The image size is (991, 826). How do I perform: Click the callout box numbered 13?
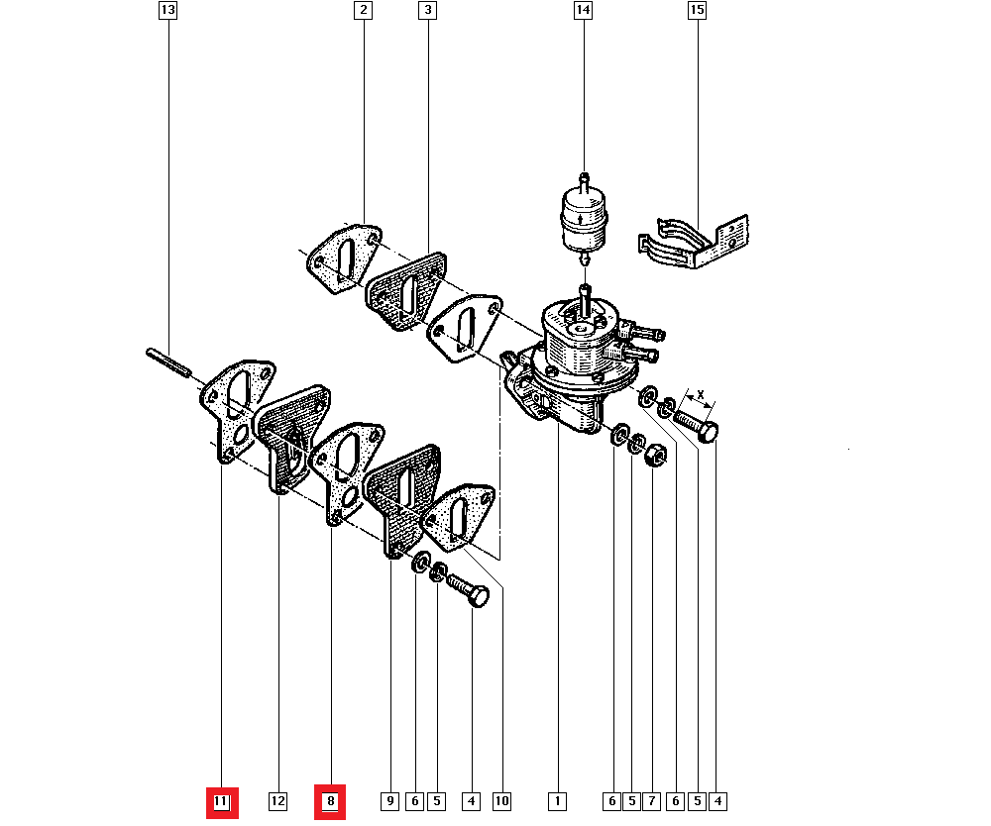167,10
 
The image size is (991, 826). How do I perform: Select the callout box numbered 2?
363,10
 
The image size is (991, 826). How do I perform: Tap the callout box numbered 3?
428,10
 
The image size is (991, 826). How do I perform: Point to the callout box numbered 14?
583,10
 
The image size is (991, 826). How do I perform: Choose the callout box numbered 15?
697,10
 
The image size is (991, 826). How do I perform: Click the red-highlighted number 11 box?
222,802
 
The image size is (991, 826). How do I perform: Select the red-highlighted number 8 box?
330,802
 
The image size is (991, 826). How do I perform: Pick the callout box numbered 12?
277,802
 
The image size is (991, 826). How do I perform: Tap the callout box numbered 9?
389,802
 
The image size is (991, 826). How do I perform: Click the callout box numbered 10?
501,802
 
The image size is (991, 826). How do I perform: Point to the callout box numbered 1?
557,802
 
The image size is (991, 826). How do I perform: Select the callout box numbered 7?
651,802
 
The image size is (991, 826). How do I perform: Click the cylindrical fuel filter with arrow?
584,218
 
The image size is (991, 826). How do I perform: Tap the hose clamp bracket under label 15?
694,242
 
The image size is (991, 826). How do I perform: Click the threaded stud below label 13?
168,362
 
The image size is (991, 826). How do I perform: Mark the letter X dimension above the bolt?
700,395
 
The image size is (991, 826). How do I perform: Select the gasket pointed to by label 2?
344,258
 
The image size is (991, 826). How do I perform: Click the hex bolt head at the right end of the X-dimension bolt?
709,432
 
